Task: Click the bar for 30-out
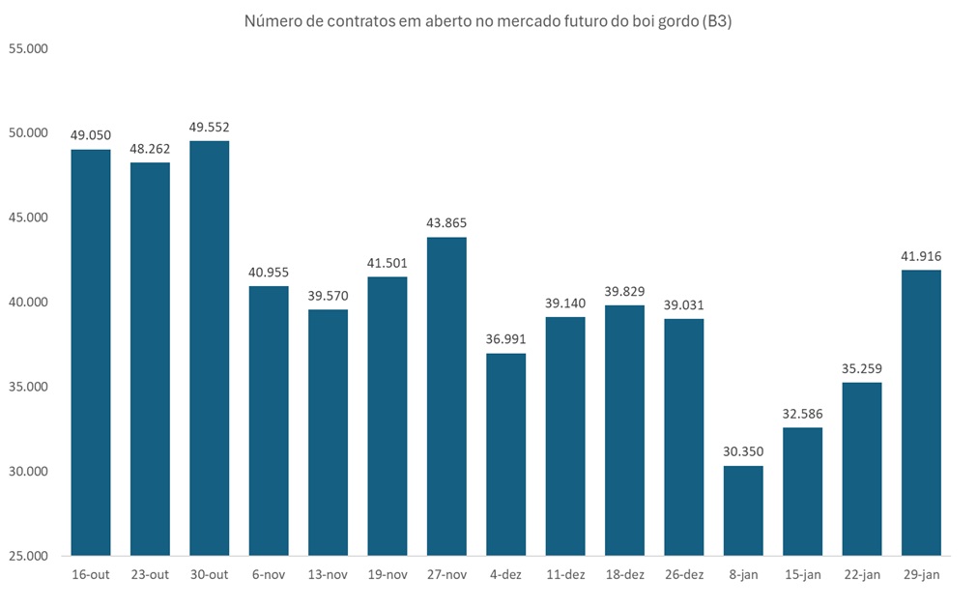pyautogui.click(x=209, y=348)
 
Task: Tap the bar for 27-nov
pyautogui.click(x=446, y=396)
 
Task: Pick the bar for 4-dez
pyautogui.click(x=505, y=454)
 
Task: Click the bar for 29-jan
pyautogui.click(x=921, y=413)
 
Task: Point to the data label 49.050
pyautogui.click(x=91, y=135)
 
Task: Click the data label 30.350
pyautogui.click(x=743, y=452)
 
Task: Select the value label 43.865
pyautogui.click(x=446, y=223)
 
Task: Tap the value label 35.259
pyautogui.click(x=862, y=368)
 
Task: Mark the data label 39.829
pyautogui.click(x=624, y=291)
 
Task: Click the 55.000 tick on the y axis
pyautogui.click(x=28, y=47)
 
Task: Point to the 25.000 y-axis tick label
pyautogui.click(x=28, y=556)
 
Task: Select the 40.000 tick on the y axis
pyautogui.click(x=28, y=302)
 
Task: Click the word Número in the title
pyautogui.click(x=273, y=21)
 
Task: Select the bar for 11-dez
pyautogui.click(x=565, y=436)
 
